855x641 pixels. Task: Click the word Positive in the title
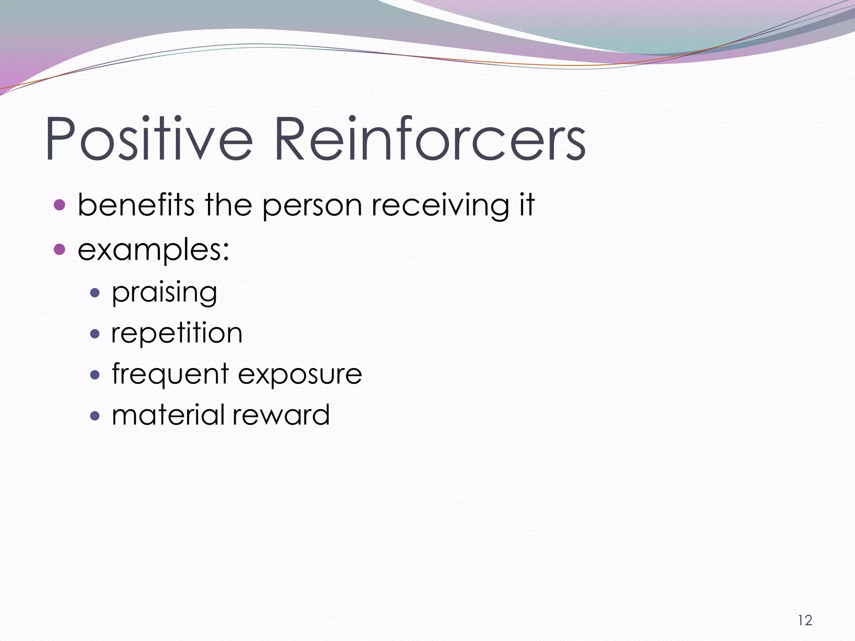pyautogui.click(x=148, y=140)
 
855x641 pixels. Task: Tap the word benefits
pyautogui.click(x=136, y=205)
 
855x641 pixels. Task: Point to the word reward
pyautogui.click(x=281, y=415)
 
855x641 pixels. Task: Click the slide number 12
pyautogui.click(x=805, y=621)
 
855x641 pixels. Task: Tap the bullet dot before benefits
pyautogui.click(x=60, y=205)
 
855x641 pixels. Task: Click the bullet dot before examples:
pyautogui.click(x=60, y=249)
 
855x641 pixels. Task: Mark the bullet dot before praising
pyautogui.click(x=95, y=293)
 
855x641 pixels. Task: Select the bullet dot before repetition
pyautogui.click(x=95, y=333)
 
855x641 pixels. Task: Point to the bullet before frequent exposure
pyautogui.click(x=95, y=374)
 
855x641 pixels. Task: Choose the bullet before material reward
pyautogui.click(x=95, y=415)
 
